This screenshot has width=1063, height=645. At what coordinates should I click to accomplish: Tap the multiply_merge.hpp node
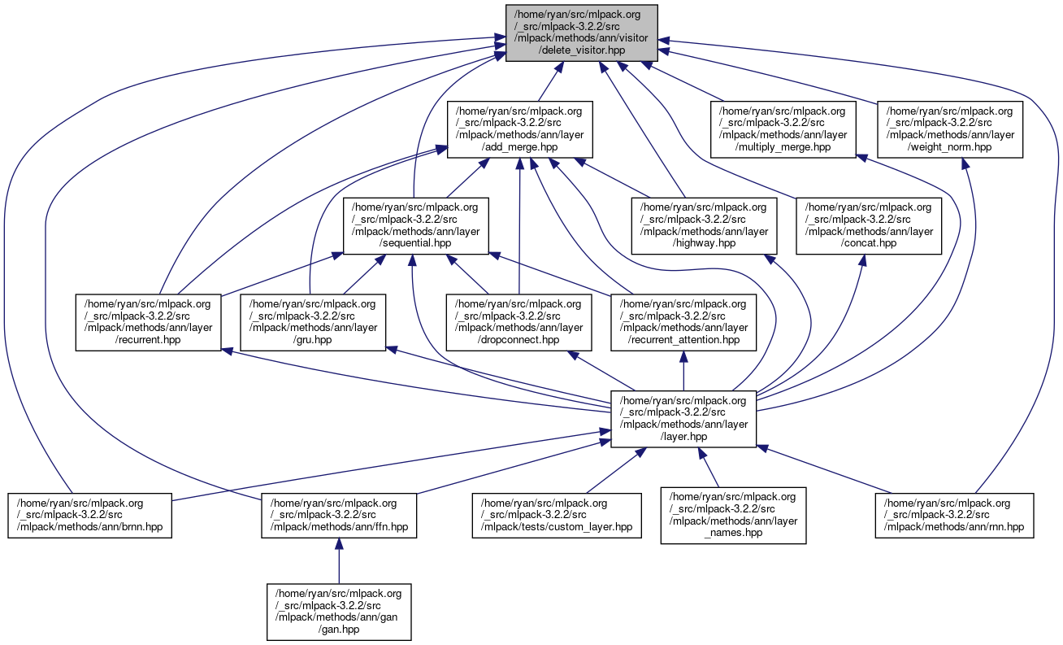click(783, 129)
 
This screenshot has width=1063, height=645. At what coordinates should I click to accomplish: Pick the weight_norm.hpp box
click(949, 129)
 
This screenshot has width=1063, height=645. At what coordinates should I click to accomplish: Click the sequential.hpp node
click(415, 225)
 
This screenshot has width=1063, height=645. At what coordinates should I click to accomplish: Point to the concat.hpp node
click(868, 225)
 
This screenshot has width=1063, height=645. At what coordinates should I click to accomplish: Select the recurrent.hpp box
click(149, 322)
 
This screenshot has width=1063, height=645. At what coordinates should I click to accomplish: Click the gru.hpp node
click(313, 322)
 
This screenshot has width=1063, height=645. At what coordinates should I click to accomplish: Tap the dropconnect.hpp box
click(519, 322)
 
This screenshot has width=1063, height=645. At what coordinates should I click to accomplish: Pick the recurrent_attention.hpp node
click(683, 322)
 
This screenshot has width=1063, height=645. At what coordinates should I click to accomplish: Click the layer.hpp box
click(683, 419)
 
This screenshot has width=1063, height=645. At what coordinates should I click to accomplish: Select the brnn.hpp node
click(90, 515)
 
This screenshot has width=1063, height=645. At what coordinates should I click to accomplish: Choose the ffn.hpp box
click(338, 515)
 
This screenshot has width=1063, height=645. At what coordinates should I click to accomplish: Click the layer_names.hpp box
click(733, 515)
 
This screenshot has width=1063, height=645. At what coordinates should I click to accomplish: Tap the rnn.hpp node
click(954, 515)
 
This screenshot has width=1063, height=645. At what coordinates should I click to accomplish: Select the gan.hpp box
click(338, 612)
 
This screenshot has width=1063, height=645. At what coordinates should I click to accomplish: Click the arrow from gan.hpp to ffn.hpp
click(338, 560)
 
